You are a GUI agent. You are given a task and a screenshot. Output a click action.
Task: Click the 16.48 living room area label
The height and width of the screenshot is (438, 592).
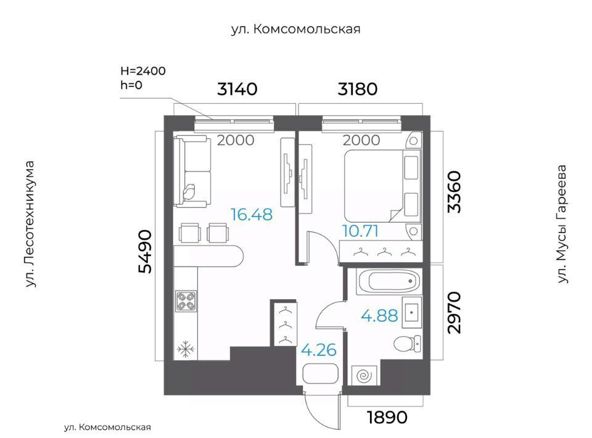pyautogui.click(x=252, y=215)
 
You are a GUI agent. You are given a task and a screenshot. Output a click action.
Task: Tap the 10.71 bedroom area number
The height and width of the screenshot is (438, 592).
pyautogui.click(x=360, y=231)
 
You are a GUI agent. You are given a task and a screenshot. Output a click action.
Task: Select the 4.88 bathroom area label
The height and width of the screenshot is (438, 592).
pyautogui.click(x=379, y=315)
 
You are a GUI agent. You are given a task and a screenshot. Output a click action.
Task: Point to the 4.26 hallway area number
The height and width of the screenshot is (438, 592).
pyautogui.click(x=319, y=350)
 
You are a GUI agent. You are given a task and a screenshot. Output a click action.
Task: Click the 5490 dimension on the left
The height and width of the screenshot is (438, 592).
pyautogui.click(x=146, y=251)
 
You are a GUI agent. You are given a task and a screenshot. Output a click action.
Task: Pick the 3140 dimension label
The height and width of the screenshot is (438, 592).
pyautogui.click(x=237, y=89)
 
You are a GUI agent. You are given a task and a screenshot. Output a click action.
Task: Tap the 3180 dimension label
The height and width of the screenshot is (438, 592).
pyautogui.click(x=358, y=89)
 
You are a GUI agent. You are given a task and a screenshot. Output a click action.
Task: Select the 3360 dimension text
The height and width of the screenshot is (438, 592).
pyautogui.click(x=454, y=192)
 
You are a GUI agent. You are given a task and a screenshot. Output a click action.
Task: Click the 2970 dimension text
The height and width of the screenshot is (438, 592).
pyautogui.click(x=454, y=313)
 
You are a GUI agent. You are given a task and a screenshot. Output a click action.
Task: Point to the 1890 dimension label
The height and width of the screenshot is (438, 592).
pyautogui.click(x=387, y=417)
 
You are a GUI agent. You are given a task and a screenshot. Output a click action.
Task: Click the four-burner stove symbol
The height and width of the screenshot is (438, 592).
pyautogui.click(x=186, y=301)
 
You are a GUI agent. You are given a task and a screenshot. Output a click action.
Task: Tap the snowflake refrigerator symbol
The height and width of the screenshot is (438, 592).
pyautogui.click(x=186, y=349)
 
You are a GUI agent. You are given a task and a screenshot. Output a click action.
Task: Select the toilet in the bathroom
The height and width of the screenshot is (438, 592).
pyautogui.click(x=407, y=344)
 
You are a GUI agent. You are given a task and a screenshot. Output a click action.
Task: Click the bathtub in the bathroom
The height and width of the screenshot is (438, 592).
pyautogui.click(x=389, y=281)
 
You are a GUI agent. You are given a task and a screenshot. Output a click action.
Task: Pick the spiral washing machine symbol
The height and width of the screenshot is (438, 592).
pyautogui.click(x=364, y=376)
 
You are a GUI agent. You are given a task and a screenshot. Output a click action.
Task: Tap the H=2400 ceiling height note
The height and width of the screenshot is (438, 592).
pyautogui.click(x=143, y=71)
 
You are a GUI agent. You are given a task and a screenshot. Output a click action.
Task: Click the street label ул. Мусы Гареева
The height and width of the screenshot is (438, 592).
pyautogui.click(x=562, y=224)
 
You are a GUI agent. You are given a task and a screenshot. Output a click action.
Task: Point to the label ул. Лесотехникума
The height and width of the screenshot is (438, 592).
pyautogui.click(x=30, y=225)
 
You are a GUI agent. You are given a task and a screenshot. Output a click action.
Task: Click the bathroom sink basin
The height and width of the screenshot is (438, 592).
pyautogui.click(x=411, y=313)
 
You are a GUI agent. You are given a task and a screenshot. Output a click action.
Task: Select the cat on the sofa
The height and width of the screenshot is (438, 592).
pyautogui.click(x=189, y=191)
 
